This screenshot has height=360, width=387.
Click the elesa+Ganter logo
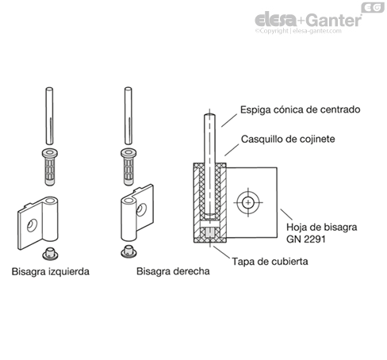pos(306,19)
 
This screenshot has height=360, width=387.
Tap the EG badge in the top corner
pos(371,7)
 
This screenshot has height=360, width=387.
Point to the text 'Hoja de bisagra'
pos(320,226)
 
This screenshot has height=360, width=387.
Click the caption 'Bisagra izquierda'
pos(51,271)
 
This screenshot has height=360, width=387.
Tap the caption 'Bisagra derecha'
pos(172,271)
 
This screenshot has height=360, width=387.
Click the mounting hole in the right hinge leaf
pos(142,209)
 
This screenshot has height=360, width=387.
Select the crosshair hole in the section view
pos(249,203)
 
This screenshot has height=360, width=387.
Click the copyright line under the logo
pos(306,33)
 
